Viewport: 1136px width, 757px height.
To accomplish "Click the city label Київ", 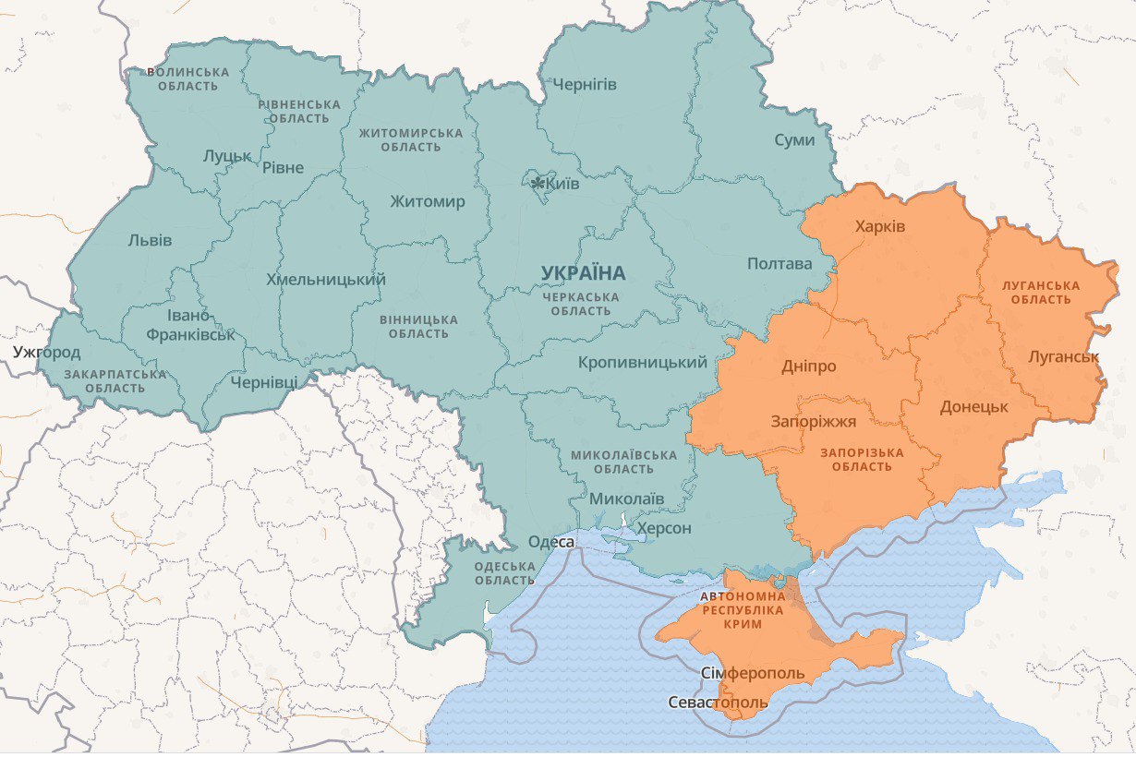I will tap(563, 185).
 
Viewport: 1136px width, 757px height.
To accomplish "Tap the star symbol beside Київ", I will tap(538, 184).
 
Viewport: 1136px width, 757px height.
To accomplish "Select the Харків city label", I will tap(880, 226).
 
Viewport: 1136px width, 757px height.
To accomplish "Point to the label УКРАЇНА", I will tap(583, 273).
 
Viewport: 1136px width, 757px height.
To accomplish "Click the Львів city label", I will tap(150, 240).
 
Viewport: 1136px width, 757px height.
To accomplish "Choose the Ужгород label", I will tap(47, 352).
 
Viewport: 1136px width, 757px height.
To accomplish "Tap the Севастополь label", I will tap(718, 703).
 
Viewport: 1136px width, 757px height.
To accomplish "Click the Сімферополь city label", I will tap(753, 672).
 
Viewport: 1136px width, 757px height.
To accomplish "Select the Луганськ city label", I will tap(1062, 355).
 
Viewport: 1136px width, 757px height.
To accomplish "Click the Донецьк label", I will tap(973, 406).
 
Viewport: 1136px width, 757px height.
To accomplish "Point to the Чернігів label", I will tap(585, 85).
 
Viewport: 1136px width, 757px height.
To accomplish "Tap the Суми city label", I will tap(794, 140).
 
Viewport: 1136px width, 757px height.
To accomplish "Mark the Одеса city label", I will tap(551, 542).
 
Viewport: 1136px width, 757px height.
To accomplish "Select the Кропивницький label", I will tap(643, 363).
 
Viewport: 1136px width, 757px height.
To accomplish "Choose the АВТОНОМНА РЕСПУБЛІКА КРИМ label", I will tap(743, 611).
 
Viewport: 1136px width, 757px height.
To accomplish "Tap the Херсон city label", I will tap(663, 528).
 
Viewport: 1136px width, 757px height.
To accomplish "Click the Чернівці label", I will tap(264, 381).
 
